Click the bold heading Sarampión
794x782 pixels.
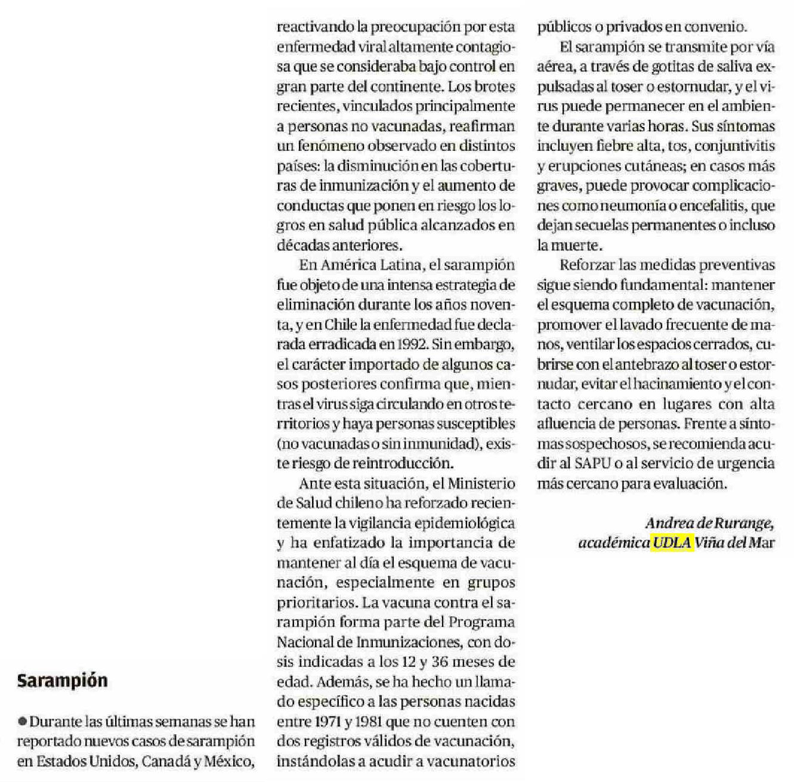pyautogui.click(x=62, y=681)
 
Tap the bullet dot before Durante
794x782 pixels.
pyautogui.click(x=23, y=722)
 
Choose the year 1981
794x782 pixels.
pyautogui.click(x=368, y=722)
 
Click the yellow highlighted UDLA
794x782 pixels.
pyautogui.click(x=672, y=543)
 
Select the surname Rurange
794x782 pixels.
pyautogui.click(x=745, y=523)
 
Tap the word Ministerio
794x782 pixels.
pyautogui.click(x=481, y=483)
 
